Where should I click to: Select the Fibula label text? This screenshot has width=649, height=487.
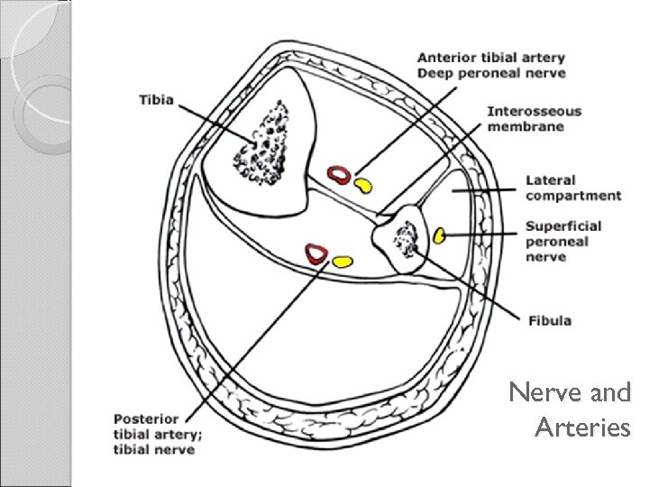549,320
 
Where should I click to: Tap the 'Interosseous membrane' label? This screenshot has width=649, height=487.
535,119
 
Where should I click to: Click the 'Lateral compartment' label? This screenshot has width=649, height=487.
573,188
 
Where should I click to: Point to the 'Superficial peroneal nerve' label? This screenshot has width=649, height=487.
563,241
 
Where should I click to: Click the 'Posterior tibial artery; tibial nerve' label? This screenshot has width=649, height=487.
159,434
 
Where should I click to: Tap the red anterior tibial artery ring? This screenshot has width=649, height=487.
339,175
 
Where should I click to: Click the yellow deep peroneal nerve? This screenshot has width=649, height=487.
362,186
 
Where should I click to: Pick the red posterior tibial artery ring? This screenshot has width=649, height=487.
316,253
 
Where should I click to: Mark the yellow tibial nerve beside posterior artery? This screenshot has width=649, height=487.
343,262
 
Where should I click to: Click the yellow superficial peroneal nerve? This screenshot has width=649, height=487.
439,235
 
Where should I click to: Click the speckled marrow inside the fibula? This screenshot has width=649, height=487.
407,240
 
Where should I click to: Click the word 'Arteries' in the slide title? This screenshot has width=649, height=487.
582,427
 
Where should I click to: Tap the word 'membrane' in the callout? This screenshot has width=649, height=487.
526,126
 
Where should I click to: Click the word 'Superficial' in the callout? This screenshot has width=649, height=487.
563,225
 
